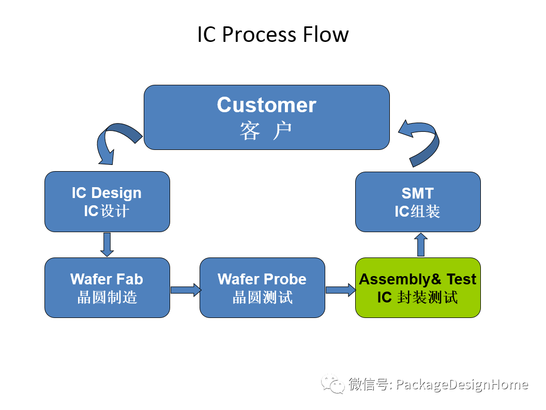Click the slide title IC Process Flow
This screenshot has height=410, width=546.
(x=272, y=35)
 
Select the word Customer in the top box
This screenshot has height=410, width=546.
(x=266, y=105)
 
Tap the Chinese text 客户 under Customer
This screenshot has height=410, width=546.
(x=266, y=131)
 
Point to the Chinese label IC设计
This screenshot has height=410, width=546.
(x=107, y=211)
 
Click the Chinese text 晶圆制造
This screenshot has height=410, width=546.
(x=107, y=298)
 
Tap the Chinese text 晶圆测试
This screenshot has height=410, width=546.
(x=262, y=298)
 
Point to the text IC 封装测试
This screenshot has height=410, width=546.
(x=418, y=298)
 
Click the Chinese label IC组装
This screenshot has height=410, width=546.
(x=418, y=211)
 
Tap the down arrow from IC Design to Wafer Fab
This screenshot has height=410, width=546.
(x=107, y=245)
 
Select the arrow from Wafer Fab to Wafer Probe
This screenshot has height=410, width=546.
(x=185, y=290)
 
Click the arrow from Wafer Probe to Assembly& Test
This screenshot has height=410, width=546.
(x=340, y=290)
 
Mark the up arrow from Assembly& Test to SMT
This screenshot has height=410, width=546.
(x=421, y=245)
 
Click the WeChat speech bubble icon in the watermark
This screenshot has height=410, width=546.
(x=332, y=384)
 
